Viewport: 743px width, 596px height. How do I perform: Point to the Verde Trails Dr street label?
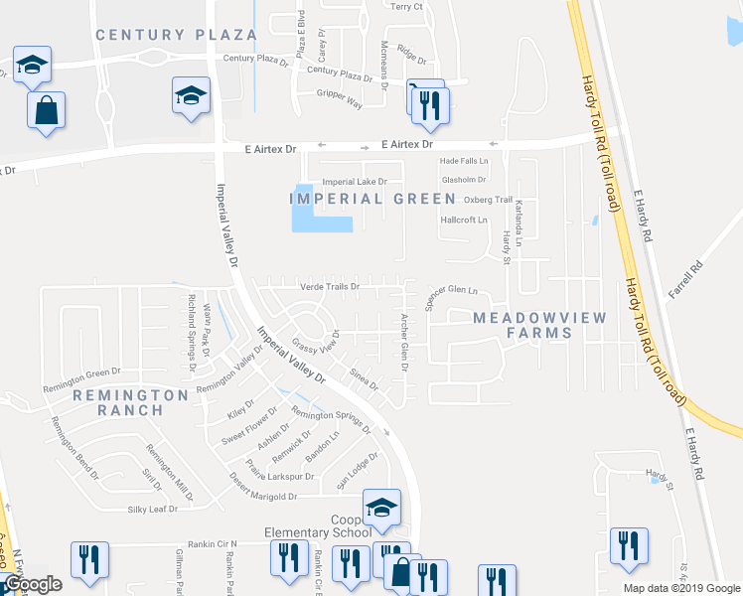click(329, 287)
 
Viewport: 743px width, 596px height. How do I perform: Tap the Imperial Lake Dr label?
click(355, 182)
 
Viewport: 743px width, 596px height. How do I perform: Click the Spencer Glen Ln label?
click(452, 293)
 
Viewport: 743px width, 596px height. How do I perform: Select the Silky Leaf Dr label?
click(152, 509)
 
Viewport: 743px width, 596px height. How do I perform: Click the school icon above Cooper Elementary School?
click(380, 508)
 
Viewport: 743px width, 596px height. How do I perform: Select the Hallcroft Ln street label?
click(464, 220)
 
